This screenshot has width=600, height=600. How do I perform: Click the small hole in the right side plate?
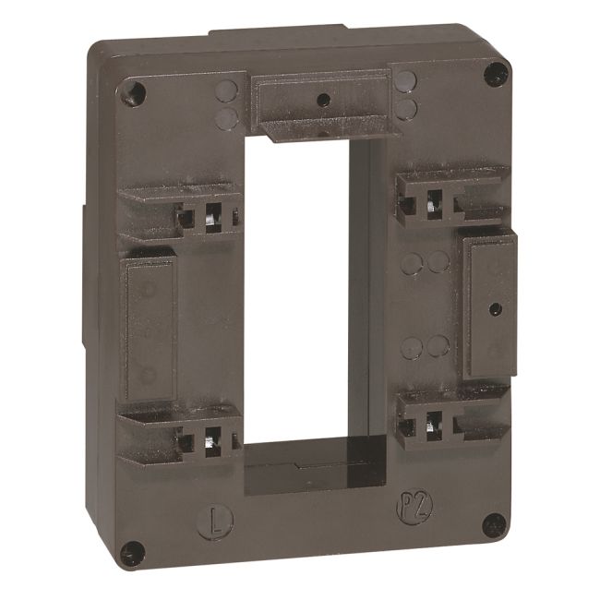(490, 306)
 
